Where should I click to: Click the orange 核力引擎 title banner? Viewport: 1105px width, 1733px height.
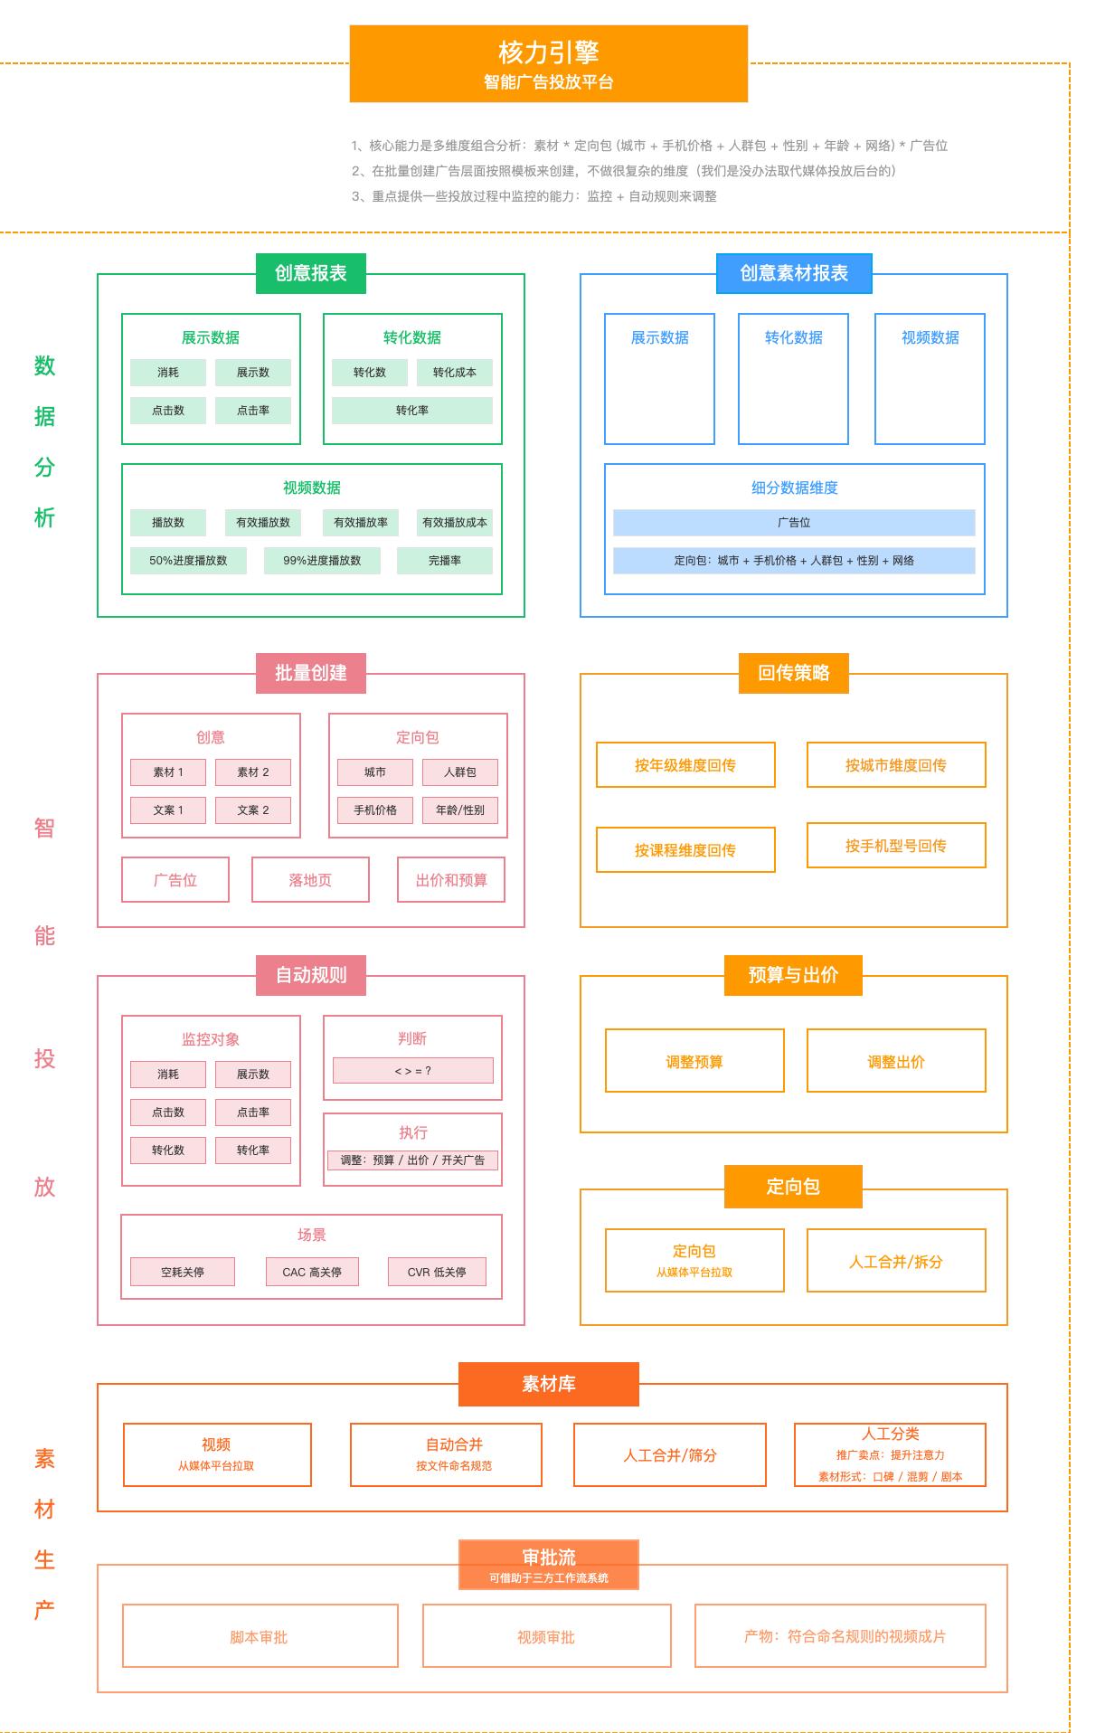pos(548,63)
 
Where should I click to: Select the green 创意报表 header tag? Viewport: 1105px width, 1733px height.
pos(310,273)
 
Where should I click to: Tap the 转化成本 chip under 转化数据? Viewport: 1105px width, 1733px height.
pos(454,373)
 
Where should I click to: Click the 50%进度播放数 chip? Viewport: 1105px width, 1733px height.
pos(188,561)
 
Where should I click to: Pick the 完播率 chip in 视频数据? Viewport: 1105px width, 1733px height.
pos(444,561)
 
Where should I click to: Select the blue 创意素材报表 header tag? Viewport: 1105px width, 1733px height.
pos(793,273)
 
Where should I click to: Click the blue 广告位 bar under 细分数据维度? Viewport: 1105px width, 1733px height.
pos(793,523)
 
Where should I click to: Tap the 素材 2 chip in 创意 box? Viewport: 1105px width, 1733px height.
pos(253,772)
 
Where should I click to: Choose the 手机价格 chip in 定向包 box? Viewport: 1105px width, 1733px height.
pos(374,810)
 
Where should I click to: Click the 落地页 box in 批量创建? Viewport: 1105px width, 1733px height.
pos(310,880)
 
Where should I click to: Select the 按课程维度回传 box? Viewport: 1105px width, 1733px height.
pos(685,850)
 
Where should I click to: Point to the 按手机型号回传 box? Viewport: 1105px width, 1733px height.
pos(895,846)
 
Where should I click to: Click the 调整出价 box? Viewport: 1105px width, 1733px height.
pos(895,1061)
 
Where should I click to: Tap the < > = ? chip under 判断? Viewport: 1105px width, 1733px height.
pos(412,1071)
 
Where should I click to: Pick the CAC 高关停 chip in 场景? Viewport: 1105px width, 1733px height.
pos(312,1272)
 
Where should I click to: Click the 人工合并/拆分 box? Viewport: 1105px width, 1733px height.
pos(895,1261)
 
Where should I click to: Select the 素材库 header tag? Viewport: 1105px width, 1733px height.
pos(548,1384)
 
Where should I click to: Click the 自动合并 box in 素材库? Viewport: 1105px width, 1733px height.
pos(446,1454)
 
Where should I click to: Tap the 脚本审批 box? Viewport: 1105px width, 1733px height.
pos(260,1636)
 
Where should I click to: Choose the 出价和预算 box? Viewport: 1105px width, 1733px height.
pos(450,880)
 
